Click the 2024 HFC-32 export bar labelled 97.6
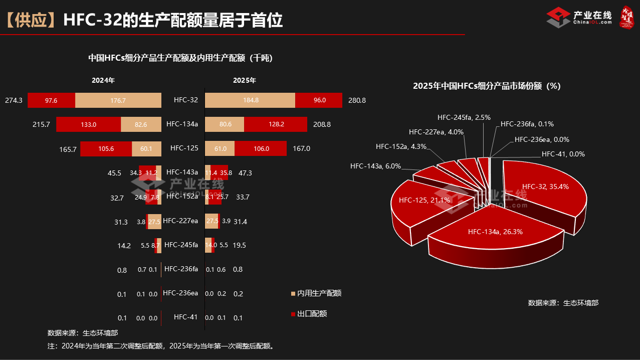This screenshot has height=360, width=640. [51, 100]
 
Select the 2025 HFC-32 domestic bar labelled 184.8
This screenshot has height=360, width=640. [250, 100]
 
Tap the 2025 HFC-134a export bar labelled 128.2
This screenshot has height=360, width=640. [276, 124]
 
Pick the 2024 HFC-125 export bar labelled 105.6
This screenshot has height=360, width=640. [106, 148]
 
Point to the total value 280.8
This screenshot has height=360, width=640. [357, 100]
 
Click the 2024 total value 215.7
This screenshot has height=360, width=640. [41, 124]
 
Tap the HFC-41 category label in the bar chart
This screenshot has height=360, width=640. [185, 317]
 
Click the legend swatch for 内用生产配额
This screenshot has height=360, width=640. [293, 293]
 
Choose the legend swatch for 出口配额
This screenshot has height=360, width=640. [293, 314]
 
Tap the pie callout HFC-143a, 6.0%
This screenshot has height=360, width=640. [375, 165]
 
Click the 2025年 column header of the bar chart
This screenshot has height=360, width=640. [245, 80]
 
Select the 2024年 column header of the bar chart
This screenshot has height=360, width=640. [103, 80]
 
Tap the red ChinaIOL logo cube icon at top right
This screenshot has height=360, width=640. [558, 18]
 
